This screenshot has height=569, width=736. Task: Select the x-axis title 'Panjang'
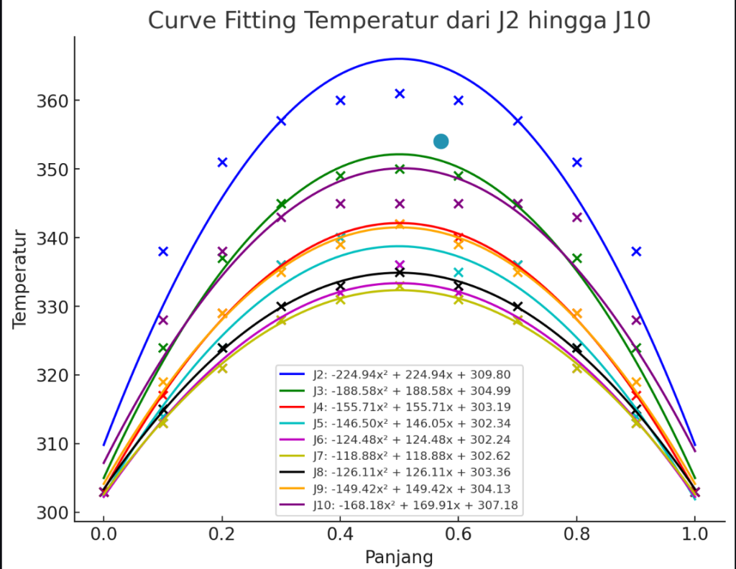tap(399, 557)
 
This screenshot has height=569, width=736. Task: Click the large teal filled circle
tap(441, 142)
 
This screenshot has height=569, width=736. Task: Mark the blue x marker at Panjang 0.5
tap(400, 93)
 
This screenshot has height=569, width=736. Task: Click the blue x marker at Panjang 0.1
tap(163, 251)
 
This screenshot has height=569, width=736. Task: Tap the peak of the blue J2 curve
tap(400, 59)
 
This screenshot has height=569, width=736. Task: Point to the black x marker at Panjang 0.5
tap(400, 272)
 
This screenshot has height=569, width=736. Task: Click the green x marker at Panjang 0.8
tap(576, 258)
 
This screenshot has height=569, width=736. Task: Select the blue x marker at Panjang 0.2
tap(222, 162)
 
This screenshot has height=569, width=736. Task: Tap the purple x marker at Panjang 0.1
tap(163, 320)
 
